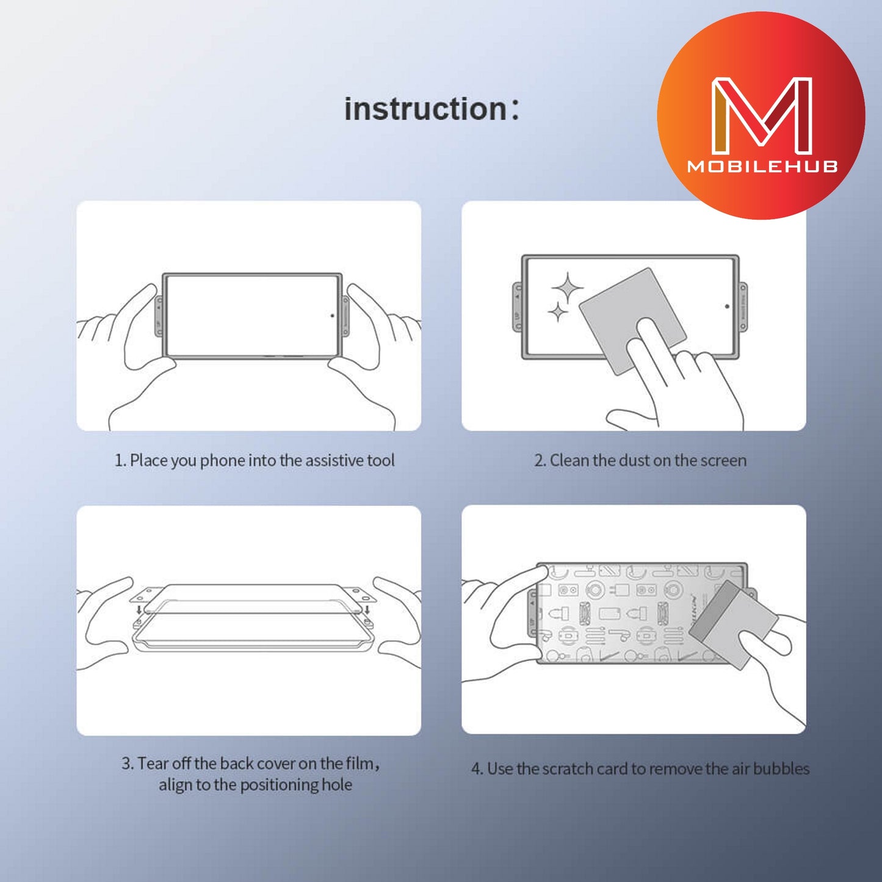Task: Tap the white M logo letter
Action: click(762, 115)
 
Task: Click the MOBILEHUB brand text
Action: click(762, 167)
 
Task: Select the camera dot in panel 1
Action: click(332, 316)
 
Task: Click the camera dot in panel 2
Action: click(728, 306)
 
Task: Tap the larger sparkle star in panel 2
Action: click(568, 287)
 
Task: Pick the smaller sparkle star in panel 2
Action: click(558, 312)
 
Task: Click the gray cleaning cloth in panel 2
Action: click(632, 321)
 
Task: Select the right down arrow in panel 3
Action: click(367, 610)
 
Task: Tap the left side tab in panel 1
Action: click(159, 316)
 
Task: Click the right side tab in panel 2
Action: click(743, 306)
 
